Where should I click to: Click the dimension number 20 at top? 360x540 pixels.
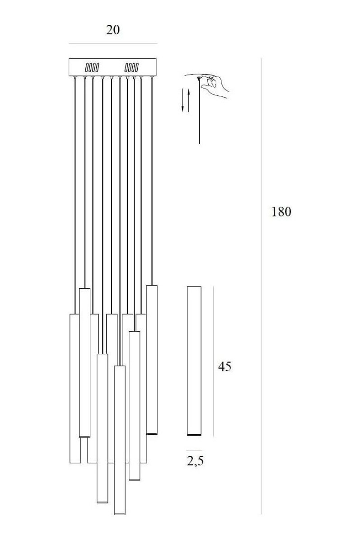tap(113, 30)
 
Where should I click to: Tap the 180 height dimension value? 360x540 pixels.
tap(281, 211)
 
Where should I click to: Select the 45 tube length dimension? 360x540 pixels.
tap(224, 366)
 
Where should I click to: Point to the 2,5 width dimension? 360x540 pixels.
tap(195, 461)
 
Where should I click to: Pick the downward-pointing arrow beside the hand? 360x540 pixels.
tap(183, 100)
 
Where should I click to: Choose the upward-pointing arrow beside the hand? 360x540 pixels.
tap(189, 101)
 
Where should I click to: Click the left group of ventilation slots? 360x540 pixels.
tap(92, 67)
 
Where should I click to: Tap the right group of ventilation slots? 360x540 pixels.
tap(131, 67)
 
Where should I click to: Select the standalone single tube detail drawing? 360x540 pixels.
tap(194, 361)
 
